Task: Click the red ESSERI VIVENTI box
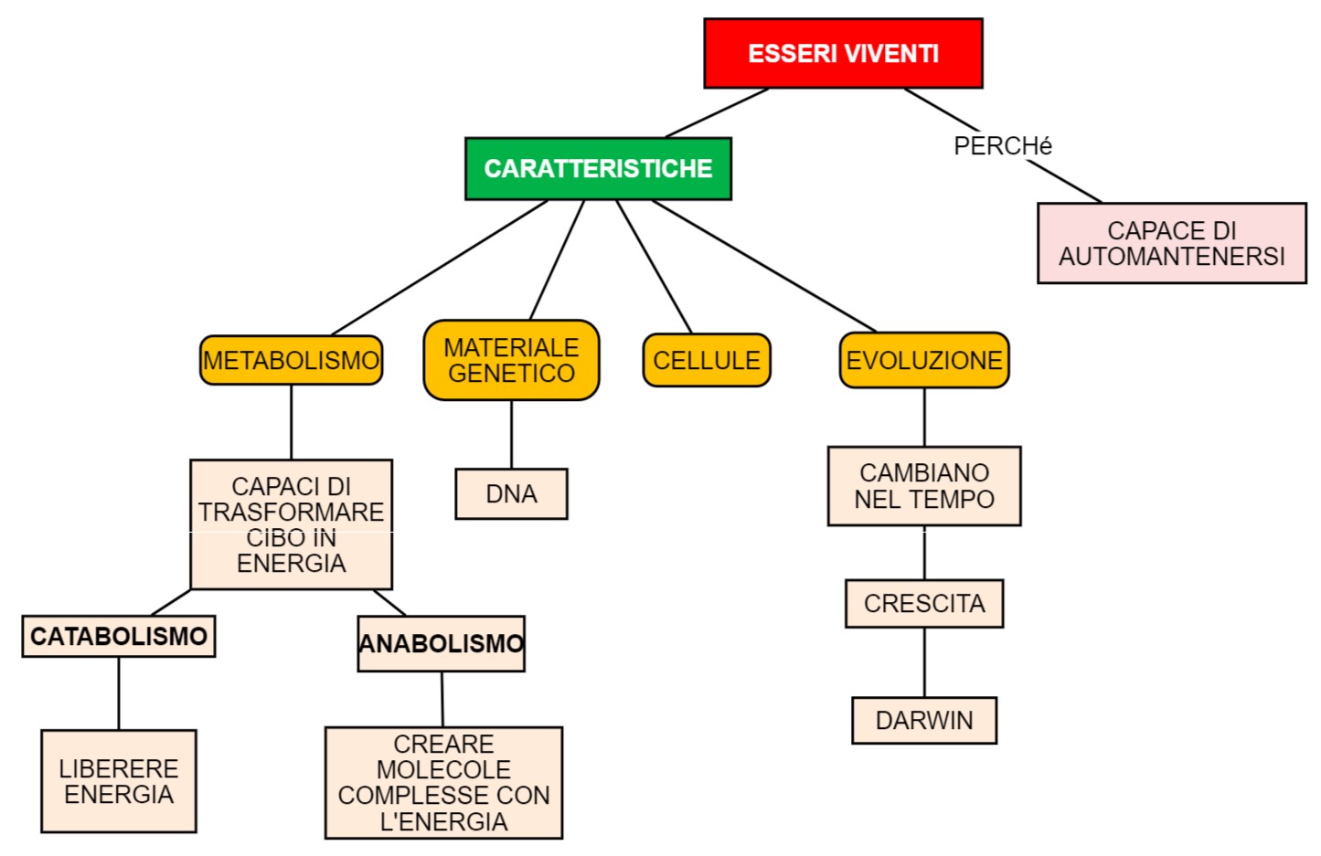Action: coord(843,54)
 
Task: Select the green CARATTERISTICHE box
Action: coord(598,169)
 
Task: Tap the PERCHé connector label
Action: coord(1002,146)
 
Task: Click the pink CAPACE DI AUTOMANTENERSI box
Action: coord(1171,243)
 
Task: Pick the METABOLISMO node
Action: coord(291,361)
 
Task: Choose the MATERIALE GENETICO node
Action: coord(511,361)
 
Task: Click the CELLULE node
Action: coord(707,361)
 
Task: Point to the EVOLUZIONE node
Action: coord(923,361)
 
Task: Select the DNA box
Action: coord(511,494)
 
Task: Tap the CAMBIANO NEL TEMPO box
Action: coord(923,486)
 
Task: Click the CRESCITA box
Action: coord(923,604)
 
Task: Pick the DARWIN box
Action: coord(923,721)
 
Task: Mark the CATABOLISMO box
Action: coord(119,637)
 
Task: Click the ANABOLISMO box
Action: coord(441,644)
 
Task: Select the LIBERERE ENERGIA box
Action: coord(119,781)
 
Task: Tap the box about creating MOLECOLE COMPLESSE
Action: coord(443,783)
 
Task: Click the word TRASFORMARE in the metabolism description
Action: coord(291,513)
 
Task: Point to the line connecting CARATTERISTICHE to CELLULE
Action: coord(654,266)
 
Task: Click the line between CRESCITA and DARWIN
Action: coord(924,662)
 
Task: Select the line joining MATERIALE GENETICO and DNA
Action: coord(511,435)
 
